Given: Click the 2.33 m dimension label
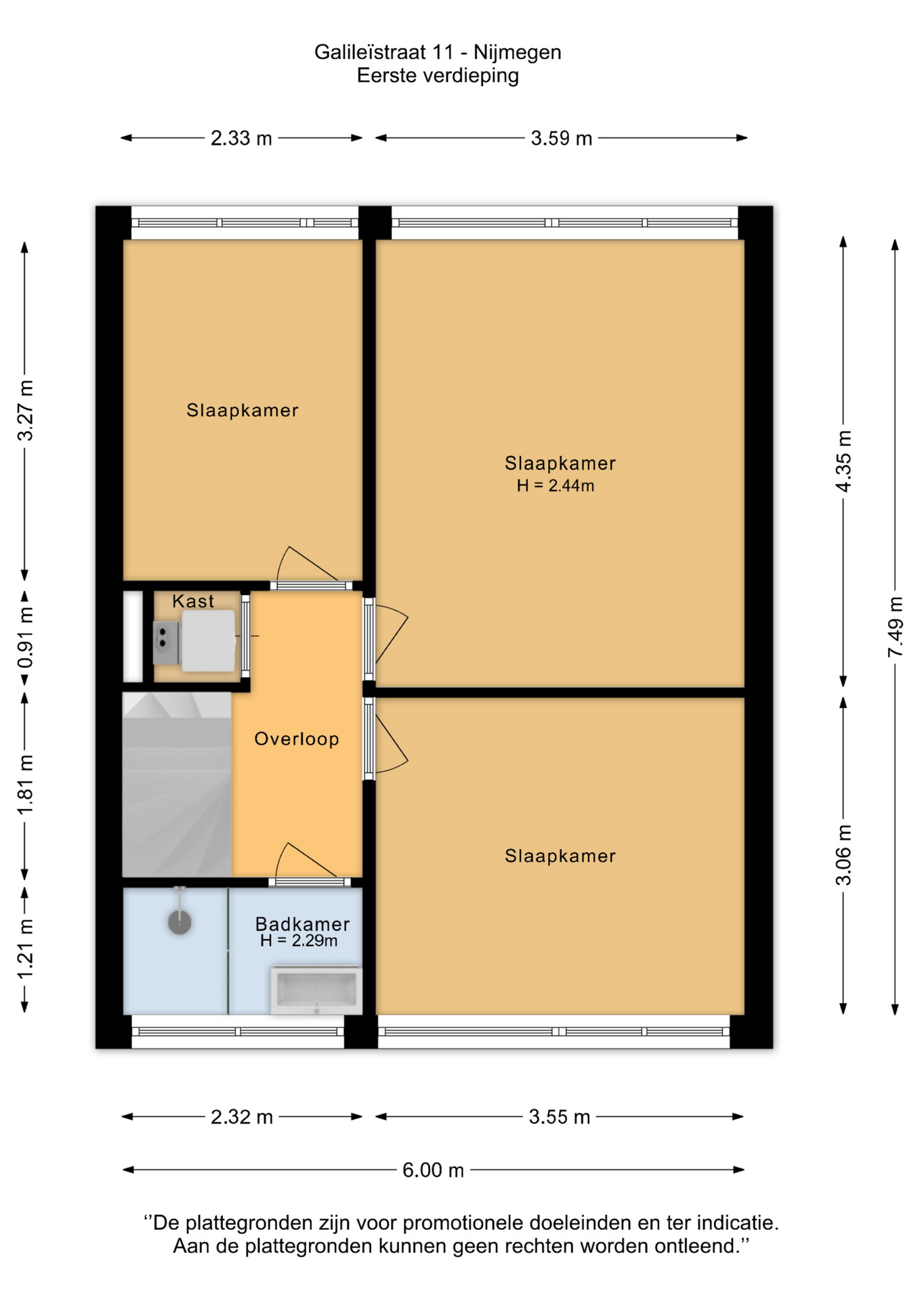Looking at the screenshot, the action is click(x=241, y=138).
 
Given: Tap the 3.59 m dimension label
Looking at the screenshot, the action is click(x=561, y=138).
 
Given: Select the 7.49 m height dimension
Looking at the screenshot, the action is click(x=896, y=627).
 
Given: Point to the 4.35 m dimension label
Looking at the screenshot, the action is click(x=843, y=461).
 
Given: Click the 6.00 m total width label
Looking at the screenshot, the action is click(x=433, y=1170).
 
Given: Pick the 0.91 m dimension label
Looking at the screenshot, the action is click(x=25, y=638).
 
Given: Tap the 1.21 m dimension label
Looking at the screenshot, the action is click(x=25, y=949).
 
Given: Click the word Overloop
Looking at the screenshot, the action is click(x=297, y=739).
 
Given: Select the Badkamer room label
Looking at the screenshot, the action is click(x=302, y=924).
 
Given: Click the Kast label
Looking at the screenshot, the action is click(x=193, y=601).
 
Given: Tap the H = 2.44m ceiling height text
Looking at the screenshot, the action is click(x=556, y=486).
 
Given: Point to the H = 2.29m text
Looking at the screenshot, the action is click(x=299, y=941).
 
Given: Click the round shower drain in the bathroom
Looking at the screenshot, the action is click(x=180, y=922).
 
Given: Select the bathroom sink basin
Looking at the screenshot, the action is click(x=316, y=991).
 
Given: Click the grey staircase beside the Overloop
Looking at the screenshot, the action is click(x=177, y=784).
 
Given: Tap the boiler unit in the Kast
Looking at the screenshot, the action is click(x=207, y=641).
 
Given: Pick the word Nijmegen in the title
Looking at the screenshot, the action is click(x=518, y=52).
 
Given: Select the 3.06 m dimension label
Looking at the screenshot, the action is click(x=843, y=856).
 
